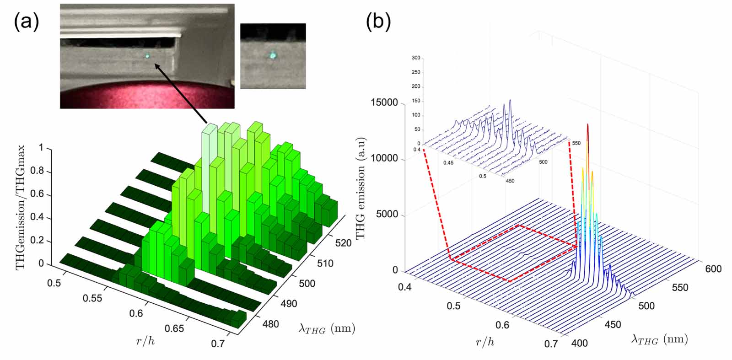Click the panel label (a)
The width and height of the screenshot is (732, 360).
(x=26, y=21)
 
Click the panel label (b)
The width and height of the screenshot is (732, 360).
(x=378, y=21)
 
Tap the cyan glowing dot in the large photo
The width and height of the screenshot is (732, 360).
(x=148, y=56)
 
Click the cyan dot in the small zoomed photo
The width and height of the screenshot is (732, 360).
(x=272, y=55)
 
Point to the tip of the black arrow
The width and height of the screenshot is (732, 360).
(x=156, y=64)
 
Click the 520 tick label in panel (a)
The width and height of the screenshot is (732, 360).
(x=343, y=243)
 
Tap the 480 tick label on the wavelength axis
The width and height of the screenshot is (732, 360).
(x=270, y=324)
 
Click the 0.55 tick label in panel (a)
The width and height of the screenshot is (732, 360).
(x=93, y=299)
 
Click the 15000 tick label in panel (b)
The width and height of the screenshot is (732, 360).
(x=384, y=103)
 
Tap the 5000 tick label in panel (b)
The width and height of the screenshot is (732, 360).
(x=387, y=215)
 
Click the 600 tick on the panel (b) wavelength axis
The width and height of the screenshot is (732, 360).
(x=713, y=269)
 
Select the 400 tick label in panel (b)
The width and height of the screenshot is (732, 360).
(x=579, y=343)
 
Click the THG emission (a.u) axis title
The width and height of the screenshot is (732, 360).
(x=361, y=188)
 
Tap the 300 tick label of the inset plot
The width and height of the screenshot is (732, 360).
(x=415, y=58)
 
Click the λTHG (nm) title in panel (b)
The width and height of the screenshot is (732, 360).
(x=659, y=339)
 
